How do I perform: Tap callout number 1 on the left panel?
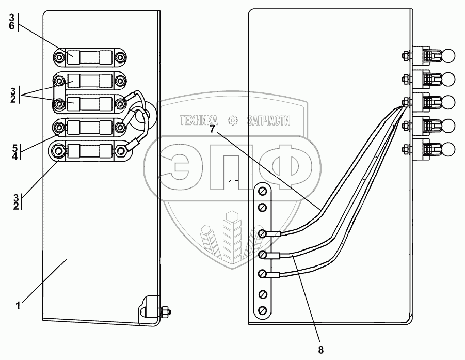pyautogui.click(x=19, y=305)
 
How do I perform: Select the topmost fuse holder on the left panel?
pyautogui.click(x=90, y=56)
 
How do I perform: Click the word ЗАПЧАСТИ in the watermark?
pyautogui.click(x=268, y=121)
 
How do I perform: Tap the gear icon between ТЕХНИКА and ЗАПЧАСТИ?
pyautogui.click(x=233, y=121)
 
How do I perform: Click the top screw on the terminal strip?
pyautogui.click(x=262, y=192)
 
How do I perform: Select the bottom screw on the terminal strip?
pyautogui.click(x=262, y=310)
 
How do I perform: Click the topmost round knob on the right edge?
pyautogui.click(x=448, y=55)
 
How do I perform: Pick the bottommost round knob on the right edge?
pyautogui.click(x=448, y=149)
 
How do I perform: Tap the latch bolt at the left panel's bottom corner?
pyautogui.click(x=166, y=311)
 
